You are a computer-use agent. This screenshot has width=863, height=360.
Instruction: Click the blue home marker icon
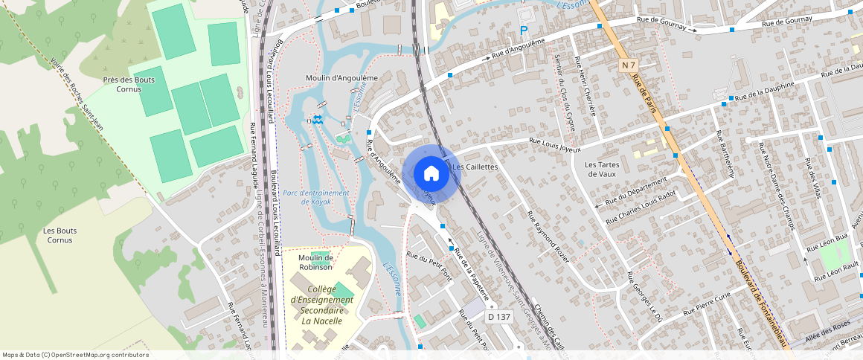(431, 173)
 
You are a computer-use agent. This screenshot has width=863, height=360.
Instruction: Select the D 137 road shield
(499, 317)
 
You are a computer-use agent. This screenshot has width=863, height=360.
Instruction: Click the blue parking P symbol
(524, 30)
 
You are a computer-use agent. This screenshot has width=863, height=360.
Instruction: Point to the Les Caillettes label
(475, 167)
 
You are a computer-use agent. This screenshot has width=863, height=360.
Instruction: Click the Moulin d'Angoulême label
(342, 77)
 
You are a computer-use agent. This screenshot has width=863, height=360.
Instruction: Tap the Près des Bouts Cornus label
(129, 84)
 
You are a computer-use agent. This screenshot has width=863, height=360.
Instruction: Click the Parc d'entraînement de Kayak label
(316, 197)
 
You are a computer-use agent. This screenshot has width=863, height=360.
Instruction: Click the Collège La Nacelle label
(321, 305)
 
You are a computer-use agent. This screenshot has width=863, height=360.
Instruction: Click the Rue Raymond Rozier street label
(548, 237)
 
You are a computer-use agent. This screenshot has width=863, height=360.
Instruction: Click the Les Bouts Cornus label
(60, 235)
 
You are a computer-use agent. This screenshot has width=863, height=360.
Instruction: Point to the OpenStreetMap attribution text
(75, 355)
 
